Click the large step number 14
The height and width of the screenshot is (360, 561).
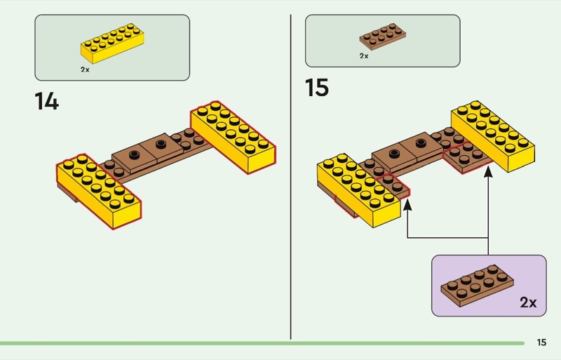point(46,101)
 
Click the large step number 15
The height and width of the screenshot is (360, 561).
point(317,88)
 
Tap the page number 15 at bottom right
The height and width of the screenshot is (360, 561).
point(541,342)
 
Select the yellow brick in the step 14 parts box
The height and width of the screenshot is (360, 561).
point(111,44)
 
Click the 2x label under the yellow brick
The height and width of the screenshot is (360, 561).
point(85,70)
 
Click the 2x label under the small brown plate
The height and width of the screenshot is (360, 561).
point(364,55)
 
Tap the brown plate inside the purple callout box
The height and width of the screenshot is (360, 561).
point(475,284)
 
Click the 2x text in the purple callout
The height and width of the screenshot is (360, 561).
point(528,302)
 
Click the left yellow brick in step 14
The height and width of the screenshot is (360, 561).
point(99,189)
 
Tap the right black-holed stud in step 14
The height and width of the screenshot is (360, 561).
point(161,144)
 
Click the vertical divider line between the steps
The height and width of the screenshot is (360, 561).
point(291,175)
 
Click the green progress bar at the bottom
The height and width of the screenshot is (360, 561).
point(259,343)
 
